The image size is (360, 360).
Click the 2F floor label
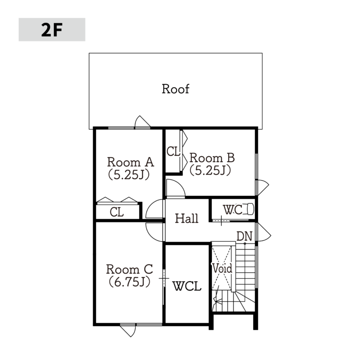[52, 30]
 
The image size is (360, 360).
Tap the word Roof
[176, 89]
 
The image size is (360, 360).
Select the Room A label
[130, 162]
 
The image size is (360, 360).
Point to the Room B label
[212, 158]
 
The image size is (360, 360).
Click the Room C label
[129, 269]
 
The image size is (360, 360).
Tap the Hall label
[186, 218]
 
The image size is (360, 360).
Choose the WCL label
[187, 286]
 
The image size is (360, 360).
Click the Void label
[222, 268]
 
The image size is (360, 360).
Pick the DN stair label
[244, 236]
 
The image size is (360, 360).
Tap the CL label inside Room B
[173, 152]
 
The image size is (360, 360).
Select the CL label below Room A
[117, 212]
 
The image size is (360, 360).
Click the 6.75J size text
[129, 282]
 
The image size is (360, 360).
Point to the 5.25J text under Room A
[129, 175]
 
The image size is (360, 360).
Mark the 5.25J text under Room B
[210, 170]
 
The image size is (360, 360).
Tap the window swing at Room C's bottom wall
[129, 331]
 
